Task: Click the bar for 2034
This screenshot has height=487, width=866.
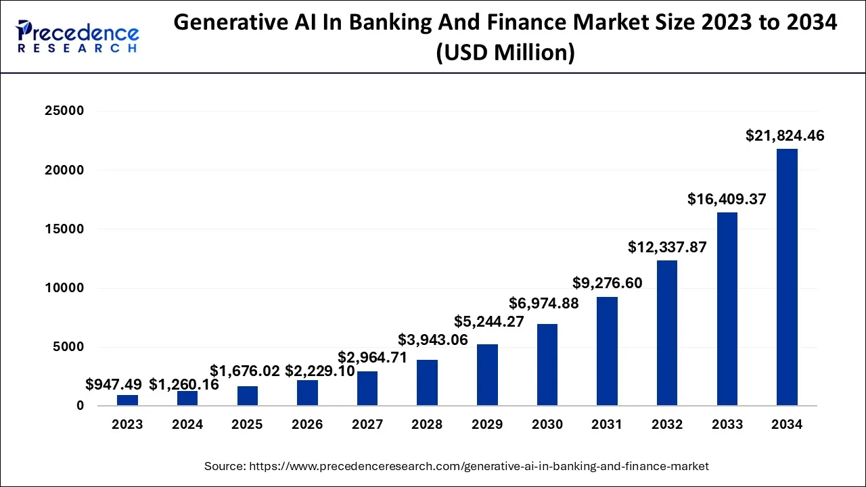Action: [x=787, y=277]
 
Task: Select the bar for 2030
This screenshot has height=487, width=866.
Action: [x=547, y=365]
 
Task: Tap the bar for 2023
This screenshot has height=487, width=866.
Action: [x=127, y=400]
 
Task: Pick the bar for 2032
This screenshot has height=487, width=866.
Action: [x=667, y=333]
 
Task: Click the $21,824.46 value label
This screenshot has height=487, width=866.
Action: [x=785, y=135]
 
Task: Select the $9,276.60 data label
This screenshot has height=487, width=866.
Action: [x=607, y=283]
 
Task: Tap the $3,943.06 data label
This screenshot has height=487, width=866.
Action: [x=433, y=340]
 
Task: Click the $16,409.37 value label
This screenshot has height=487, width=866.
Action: [x=727, y=199]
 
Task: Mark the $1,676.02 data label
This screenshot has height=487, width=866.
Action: [x=245, y=371]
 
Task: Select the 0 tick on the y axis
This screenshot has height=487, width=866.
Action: [x=80, y=406]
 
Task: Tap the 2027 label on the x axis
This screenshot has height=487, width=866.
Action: [x=367, y=425]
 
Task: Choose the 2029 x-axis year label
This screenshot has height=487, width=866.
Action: [x=487, y=425]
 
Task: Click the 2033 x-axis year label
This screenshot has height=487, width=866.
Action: [x=727, y=425]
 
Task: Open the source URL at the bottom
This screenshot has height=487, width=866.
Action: [x=457, y=466]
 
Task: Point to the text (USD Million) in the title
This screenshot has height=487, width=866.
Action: [x=505, y=53]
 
